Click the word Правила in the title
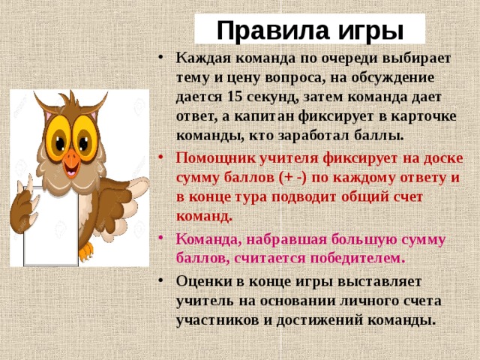[263, 30]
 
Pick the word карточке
[418, 116]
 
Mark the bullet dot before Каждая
[163, 58]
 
